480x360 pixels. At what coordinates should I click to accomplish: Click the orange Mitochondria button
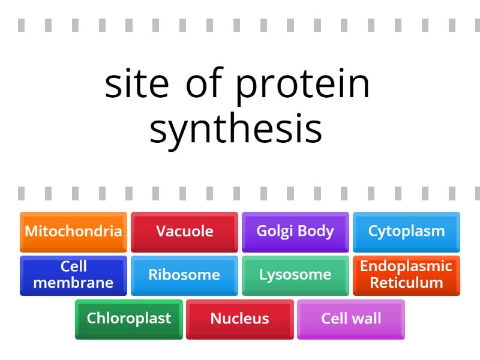73,231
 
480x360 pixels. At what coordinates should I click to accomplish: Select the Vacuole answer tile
184,231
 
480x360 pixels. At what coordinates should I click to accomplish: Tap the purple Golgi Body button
295,231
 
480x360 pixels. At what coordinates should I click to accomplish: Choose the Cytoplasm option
406,231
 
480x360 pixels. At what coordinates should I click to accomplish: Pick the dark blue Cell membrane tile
73,275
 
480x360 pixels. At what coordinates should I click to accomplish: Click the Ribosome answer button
184,275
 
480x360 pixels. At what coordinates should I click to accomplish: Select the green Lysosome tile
295,275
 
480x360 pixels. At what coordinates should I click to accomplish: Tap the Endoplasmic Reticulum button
406,275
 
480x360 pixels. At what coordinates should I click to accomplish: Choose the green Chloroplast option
129,319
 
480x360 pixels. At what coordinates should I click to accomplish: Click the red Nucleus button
239,319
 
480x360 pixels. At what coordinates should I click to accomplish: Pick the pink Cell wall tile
351,319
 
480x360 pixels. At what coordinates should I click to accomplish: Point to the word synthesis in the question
236,128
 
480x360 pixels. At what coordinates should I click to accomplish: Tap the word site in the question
136,84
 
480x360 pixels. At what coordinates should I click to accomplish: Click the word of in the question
200,84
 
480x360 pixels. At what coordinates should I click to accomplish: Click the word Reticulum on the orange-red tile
406,283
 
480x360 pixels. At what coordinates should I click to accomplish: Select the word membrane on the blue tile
73,283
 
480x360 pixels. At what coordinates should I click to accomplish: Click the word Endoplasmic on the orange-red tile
406,266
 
